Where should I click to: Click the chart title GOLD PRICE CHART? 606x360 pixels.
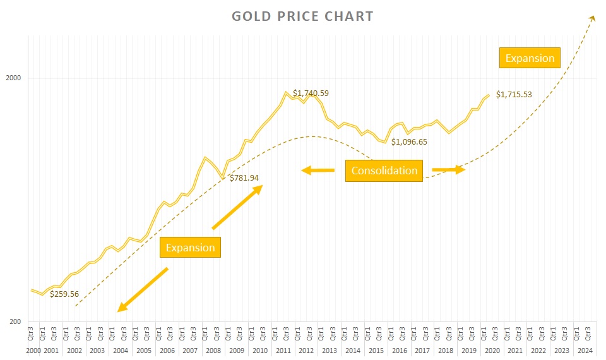click(x=302, y=16)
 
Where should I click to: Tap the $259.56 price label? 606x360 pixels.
click(x=64, y=294)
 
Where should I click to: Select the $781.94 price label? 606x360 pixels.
click(x=244, y=178)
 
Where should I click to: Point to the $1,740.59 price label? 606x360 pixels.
click(x=311, y=93)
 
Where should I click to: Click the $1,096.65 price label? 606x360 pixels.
click(x=409, y=142)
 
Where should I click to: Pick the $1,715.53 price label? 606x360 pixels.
click(x=514, y=95)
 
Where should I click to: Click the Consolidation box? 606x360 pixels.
click(x=384, y=171)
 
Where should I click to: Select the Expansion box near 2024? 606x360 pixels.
click(x=530, y=58)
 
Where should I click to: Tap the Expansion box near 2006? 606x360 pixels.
click(x=190, y=248)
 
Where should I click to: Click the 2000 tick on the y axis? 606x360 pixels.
click(x=13, y=78)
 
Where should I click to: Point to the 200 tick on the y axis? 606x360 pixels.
click(x=15, y=322)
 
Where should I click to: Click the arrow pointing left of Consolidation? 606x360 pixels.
click(x=318, y=170)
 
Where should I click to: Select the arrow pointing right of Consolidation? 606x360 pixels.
click(x=448, y=170)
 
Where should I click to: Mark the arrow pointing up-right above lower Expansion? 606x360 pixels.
click(x=237, y=207)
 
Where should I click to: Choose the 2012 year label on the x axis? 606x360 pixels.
click(x=306, y=351)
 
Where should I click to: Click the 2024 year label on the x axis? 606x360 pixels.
click(x=585, y=351)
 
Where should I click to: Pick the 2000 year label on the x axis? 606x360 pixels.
click(x=33, y=351)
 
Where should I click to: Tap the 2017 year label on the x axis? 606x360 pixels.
click(x=422, y=351)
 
